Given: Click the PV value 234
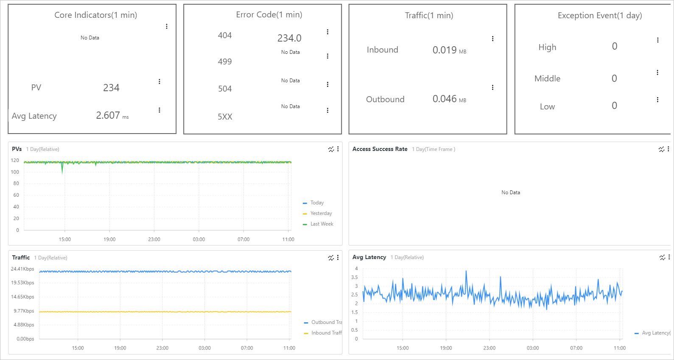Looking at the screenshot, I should click(x=111, y=88).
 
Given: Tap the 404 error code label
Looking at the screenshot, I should click(x=225, y=36).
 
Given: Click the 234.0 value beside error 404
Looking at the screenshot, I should click(x=289, y=38).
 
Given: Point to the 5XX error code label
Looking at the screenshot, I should click(x=225, y=117).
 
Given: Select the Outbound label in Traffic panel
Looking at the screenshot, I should click(x=385, y=99).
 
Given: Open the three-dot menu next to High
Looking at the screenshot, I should click(x=657, y=40).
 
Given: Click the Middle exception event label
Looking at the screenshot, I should click(x=547, y=78).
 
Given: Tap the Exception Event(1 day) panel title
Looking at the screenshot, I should click(x=599, y=16).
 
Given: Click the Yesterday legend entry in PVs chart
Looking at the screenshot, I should click(x=321, y=213).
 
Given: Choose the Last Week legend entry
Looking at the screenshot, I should click(x=322, y=224).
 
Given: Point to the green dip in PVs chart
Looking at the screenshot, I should click(x=62, y=170).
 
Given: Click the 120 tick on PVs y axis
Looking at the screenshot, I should click(x=15, y=160).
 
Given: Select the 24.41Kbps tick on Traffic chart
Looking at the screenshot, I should click(x=22, y=269).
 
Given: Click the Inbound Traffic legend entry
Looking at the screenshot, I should click(x=326, y=333).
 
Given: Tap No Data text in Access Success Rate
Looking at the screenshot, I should click(x=510, y=193).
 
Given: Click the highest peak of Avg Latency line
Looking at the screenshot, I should click(x=466, y=271).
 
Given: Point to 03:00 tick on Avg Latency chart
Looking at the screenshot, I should click(x=533, y=348).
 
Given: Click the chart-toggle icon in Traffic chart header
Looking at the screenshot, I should click(x=331, y=257).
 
